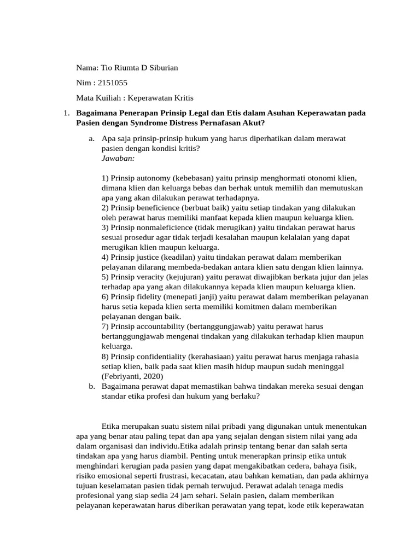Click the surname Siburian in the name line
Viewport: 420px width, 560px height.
tap(159, 68)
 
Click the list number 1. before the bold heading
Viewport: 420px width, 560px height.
tap(65, 113)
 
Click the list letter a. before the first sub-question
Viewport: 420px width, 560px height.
tap(91, 139)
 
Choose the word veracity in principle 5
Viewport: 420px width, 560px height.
tap(147, 277)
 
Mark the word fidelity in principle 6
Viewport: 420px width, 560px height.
tap(145, 296)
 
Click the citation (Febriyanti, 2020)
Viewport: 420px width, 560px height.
tap(133, 376)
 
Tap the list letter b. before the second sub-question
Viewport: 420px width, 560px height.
tap(91, 386)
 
